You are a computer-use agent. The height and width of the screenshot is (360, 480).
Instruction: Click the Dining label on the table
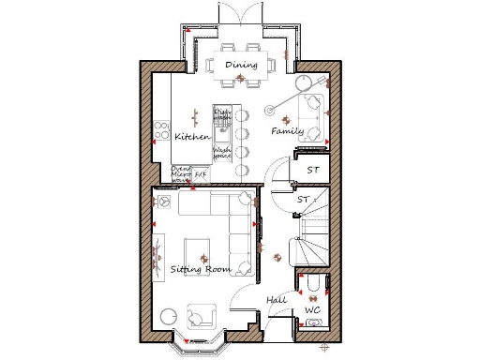[x=241, y=65]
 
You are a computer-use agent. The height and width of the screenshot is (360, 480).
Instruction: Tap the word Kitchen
[x=191, y=137]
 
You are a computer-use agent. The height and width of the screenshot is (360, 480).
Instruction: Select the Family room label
[x=287, y=131]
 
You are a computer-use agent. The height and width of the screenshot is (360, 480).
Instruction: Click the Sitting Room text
[x=200, y=269]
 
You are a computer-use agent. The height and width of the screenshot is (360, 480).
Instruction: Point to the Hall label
[x=277, y=299]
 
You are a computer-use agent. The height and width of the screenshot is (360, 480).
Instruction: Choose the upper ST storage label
[x=313, y=170]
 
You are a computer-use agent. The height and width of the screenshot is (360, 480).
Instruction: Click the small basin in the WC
[x=313, y=323]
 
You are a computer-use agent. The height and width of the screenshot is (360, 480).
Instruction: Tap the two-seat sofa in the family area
[x=313, y=116]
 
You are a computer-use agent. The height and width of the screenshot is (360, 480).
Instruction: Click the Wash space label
[x=222, y=153]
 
